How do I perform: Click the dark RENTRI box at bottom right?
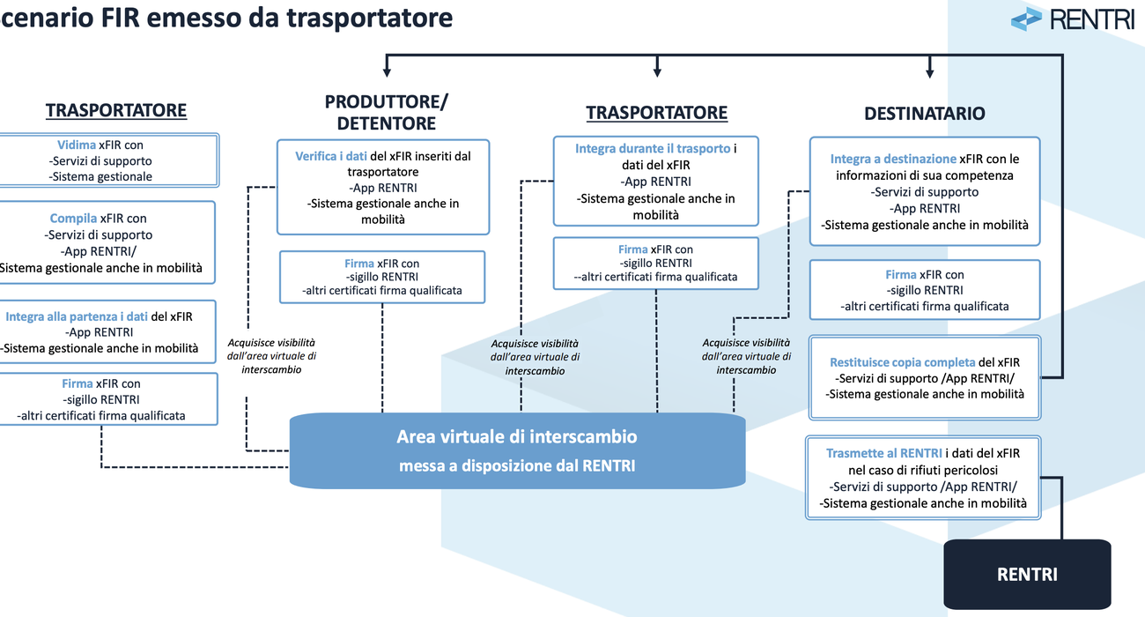(x=1027, y=575)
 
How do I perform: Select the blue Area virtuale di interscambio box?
(x=517, y=450)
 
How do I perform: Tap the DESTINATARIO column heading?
(x=924, y=114)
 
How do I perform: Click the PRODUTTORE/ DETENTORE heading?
(x=386, y=112)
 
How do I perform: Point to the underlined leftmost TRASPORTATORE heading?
(x=116, y=110)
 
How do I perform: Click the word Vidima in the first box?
(x=77, y=145)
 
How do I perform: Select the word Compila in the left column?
(x=73, y=218)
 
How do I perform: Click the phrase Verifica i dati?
(x=331, y=156)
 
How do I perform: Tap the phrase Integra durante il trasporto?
(x=653, y=149)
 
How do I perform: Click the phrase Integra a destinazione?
(x=892, y=159)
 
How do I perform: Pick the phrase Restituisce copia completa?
(x=902, y=362)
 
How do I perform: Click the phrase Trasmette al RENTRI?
(x=878, y=453)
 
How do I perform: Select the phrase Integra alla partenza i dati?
(x=77, y=316)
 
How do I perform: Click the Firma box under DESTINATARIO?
(x=924, y=290)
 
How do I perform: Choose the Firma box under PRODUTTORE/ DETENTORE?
(x=381, y=276)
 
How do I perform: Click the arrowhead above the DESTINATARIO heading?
(x=929, y=71)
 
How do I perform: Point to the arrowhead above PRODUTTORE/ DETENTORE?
(x=386, y=71)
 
